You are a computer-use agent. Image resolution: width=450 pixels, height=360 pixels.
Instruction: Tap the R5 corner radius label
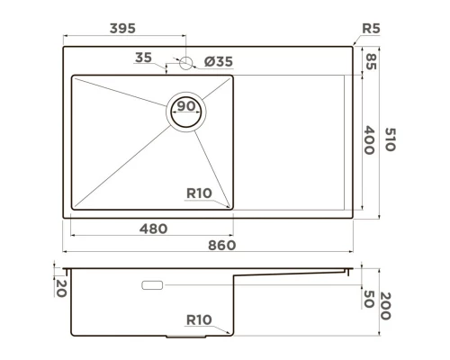click(370, 29)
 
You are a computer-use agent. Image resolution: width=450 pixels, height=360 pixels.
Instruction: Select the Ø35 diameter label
click(219, 61)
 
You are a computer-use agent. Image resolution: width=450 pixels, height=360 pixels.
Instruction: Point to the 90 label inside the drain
click(186, 107)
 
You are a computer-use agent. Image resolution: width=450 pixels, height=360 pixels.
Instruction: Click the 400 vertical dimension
click(369, 139)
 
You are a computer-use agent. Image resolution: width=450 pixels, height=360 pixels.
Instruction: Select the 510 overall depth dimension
click(390, 139)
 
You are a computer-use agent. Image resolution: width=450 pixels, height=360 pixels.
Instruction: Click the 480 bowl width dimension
click(153, 229)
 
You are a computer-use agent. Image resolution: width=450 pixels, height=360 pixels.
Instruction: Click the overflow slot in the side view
click(151, 285)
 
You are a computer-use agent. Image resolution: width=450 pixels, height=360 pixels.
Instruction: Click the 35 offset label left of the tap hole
click(142, 58)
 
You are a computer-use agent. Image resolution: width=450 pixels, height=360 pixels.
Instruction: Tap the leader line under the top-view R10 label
click(207, 202)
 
